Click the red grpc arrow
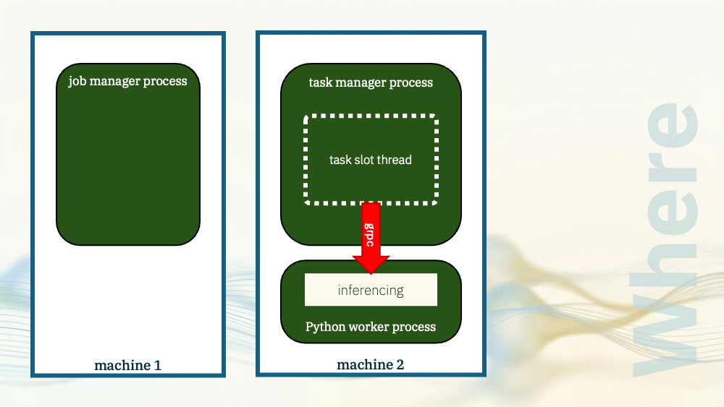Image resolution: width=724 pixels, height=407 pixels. point(371,238)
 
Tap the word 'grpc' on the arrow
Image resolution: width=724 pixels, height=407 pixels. point(370,235)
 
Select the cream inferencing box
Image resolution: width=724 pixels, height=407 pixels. point(371,289)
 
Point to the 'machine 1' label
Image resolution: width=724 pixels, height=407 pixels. point(128,366)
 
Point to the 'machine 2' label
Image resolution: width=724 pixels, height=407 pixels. point(370,364)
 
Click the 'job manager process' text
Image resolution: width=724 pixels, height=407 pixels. point(128,81)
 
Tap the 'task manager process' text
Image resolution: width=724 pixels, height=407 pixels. point(371,82)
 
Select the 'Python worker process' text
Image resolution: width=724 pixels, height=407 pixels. point(371,327)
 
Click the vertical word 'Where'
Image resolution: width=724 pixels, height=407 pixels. point(666,239)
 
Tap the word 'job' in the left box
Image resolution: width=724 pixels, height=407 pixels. point(77,82)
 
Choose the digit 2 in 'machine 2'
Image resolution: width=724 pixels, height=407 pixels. point(400,364)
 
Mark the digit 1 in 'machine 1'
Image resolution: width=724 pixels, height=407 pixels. point(157,366)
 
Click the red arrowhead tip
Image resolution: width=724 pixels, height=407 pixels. point(371,274)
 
